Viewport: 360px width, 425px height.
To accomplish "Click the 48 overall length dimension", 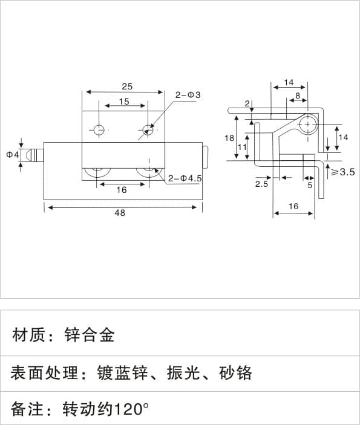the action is [120, 213].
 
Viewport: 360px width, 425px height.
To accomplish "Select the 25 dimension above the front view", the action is [127, 86].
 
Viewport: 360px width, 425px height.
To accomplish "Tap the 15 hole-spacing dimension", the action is [124, 102].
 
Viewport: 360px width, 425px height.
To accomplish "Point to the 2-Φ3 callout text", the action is [188, 95].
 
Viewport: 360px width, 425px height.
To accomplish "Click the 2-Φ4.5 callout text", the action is [185, 178].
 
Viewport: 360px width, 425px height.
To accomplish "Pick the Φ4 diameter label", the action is [13, 155].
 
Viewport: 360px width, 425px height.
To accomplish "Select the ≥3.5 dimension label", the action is [343, 172].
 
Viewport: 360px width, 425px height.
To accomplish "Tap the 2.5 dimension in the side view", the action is [261, 184].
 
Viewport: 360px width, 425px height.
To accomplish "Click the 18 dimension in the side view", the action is [229, 138].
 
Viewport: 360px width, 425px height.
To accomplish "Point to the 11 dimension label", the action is [242, 147].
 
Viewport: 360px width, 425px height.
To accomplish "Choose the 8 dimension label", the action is [298, 96].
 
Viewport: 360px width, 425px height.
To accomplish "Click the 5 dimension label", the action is [310, 185].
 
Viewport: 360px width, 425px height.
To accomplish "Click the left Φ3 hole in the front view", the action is [99, 130].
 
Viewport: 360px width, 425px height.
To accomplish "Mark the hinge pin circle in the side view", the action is [307, 124].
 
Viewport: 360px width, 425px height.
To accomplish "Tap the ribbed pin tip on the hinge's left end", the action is [35, 155].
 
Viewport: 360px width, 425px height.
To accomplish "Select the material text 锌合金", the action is [90, 335].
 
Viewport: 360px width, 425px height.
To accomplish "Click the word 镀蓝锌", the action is [122, 372].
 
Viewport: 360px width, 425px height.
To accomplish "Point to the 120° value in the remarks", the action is [131, 409].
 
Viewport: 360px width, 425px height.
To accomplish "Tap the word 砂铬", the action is [235, 372].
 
